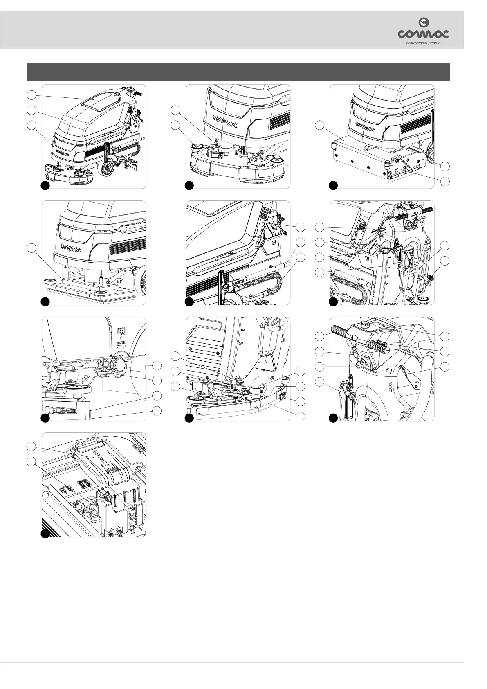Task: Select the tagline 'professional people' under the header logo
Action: pos(423,43)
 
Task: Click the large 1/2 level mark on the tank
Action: pos(242,329)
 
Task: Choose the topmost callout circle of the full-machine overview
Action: pos(31,95)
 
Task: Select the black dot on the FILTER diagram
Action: pos(45,418)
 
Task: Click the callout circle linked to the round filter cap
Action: pos(157,365)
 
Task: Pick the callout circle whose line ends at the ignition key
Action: pos(320,366)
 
